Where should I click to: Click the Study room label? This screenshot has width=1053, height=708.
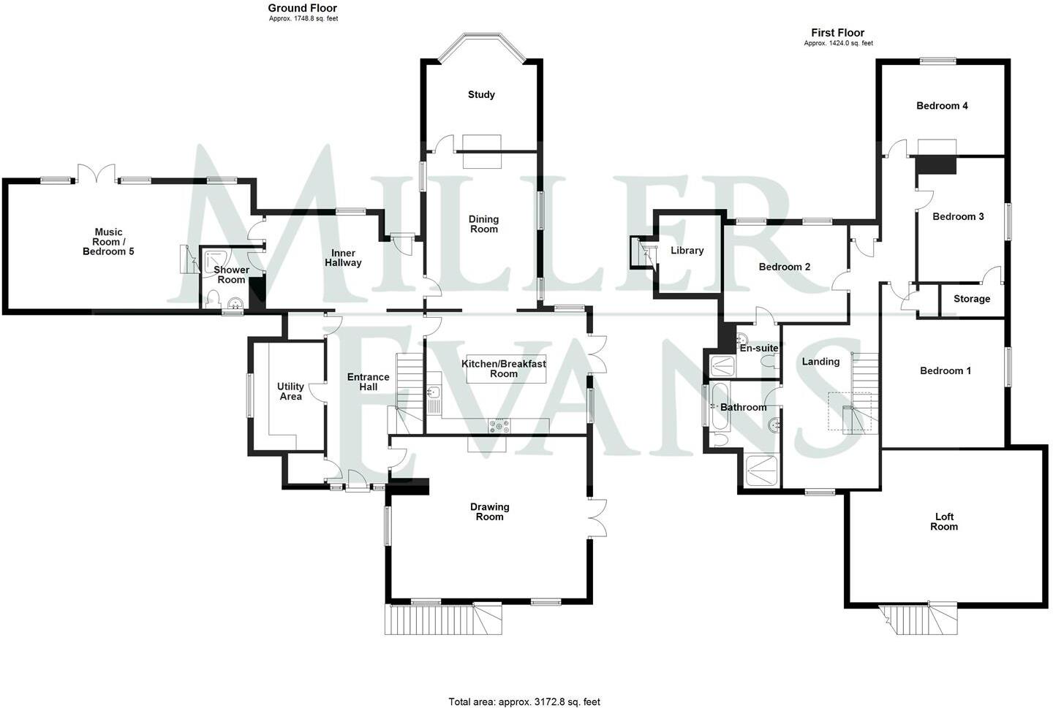tap(481, 95)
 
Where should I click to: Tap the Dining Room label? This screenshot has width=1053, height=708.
tap(483, 224)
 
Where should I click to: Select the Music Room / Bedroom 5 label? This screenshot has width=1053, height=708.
tap(108, 242)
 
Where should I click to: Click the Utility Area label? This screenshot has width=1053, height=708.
tap(290, 391)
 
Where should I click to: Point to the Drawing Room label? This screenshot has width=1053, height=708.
tap(489, 511)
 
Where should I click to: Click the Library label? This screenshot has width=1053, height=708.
tap(687, 251)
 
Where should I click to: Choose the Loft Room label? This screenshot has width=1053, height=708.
tap(943, 522)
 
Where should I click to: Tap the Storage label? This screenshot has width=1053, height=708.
tap(971, 299)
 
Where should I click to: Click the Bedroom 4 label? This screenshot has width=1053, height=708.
tap(942, 106)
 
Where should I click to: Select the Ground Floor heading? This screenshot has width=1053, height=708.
tap(303, 9)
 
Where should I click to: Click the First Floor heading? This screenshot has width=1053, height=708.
tap(837, 33)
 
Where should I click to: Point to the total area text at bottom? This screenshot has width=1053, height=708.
tap(524, 701)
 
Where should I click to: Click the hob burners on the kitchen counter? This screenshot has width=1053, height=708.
tap(499, 425)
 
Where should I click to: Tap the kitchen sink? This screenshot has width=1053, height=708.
tap(434, 395)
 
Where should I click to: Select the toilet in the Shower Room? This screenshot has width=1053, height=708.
tap(212, 299)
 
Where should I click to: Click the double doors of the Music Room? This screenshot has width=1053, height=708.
tap(95, 173)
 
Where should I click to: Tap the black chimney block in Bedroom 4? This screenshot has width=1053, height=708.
tap(936, 164)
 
